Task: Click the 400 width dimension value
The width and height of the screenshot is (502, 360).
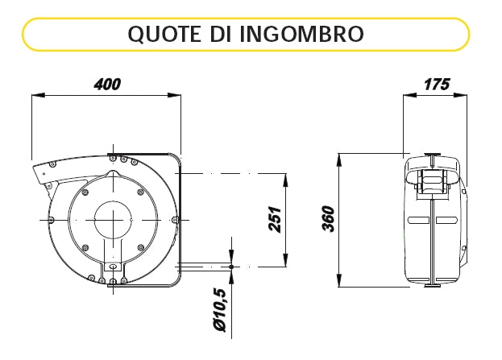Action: [107, 84]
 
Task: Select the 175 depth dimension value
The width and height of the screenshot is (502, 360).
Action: [436, 84]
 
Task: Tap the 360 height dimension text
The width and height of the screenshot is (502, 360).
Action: [327, 218]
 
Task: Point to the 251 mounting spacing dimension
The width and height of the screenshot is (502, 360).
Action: [273, 218]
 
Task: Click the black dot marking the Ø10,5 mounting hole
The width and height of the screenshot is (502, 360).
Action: [231, 267]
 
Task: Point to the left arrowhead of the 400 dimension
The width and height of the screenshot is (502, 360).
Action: [35, 95]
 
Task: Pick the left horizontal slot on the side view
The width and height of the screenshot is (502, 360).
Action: [418, 221]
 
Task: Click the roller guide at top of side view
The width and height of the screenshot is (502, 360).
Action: [433, 184]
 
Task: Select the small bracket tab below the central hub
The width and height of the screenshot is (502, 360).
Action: [113, 266]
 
